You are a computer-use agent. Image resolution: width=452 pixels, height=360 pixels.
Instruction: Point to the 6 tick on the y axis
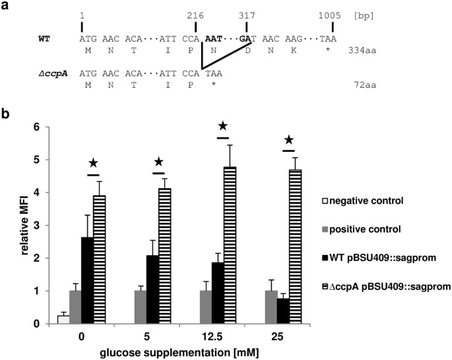click(x=29, y=127)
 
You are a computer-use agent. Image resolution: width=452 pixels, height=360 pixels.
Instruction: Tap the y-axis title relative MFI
click(x=10, y=225)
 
